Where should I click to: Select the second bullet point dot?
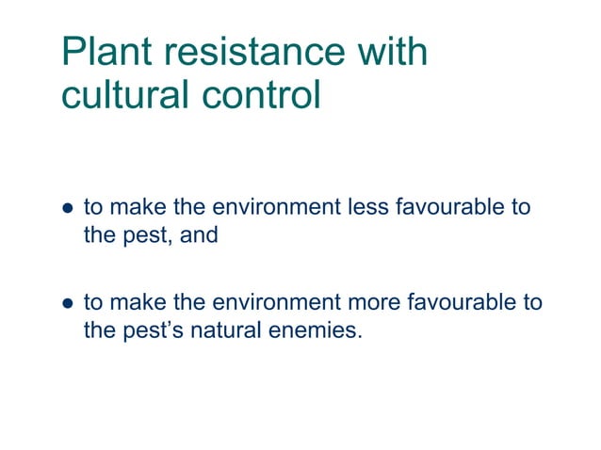pos(67,304)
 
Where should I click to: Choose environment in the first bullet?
pos(265,207)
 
